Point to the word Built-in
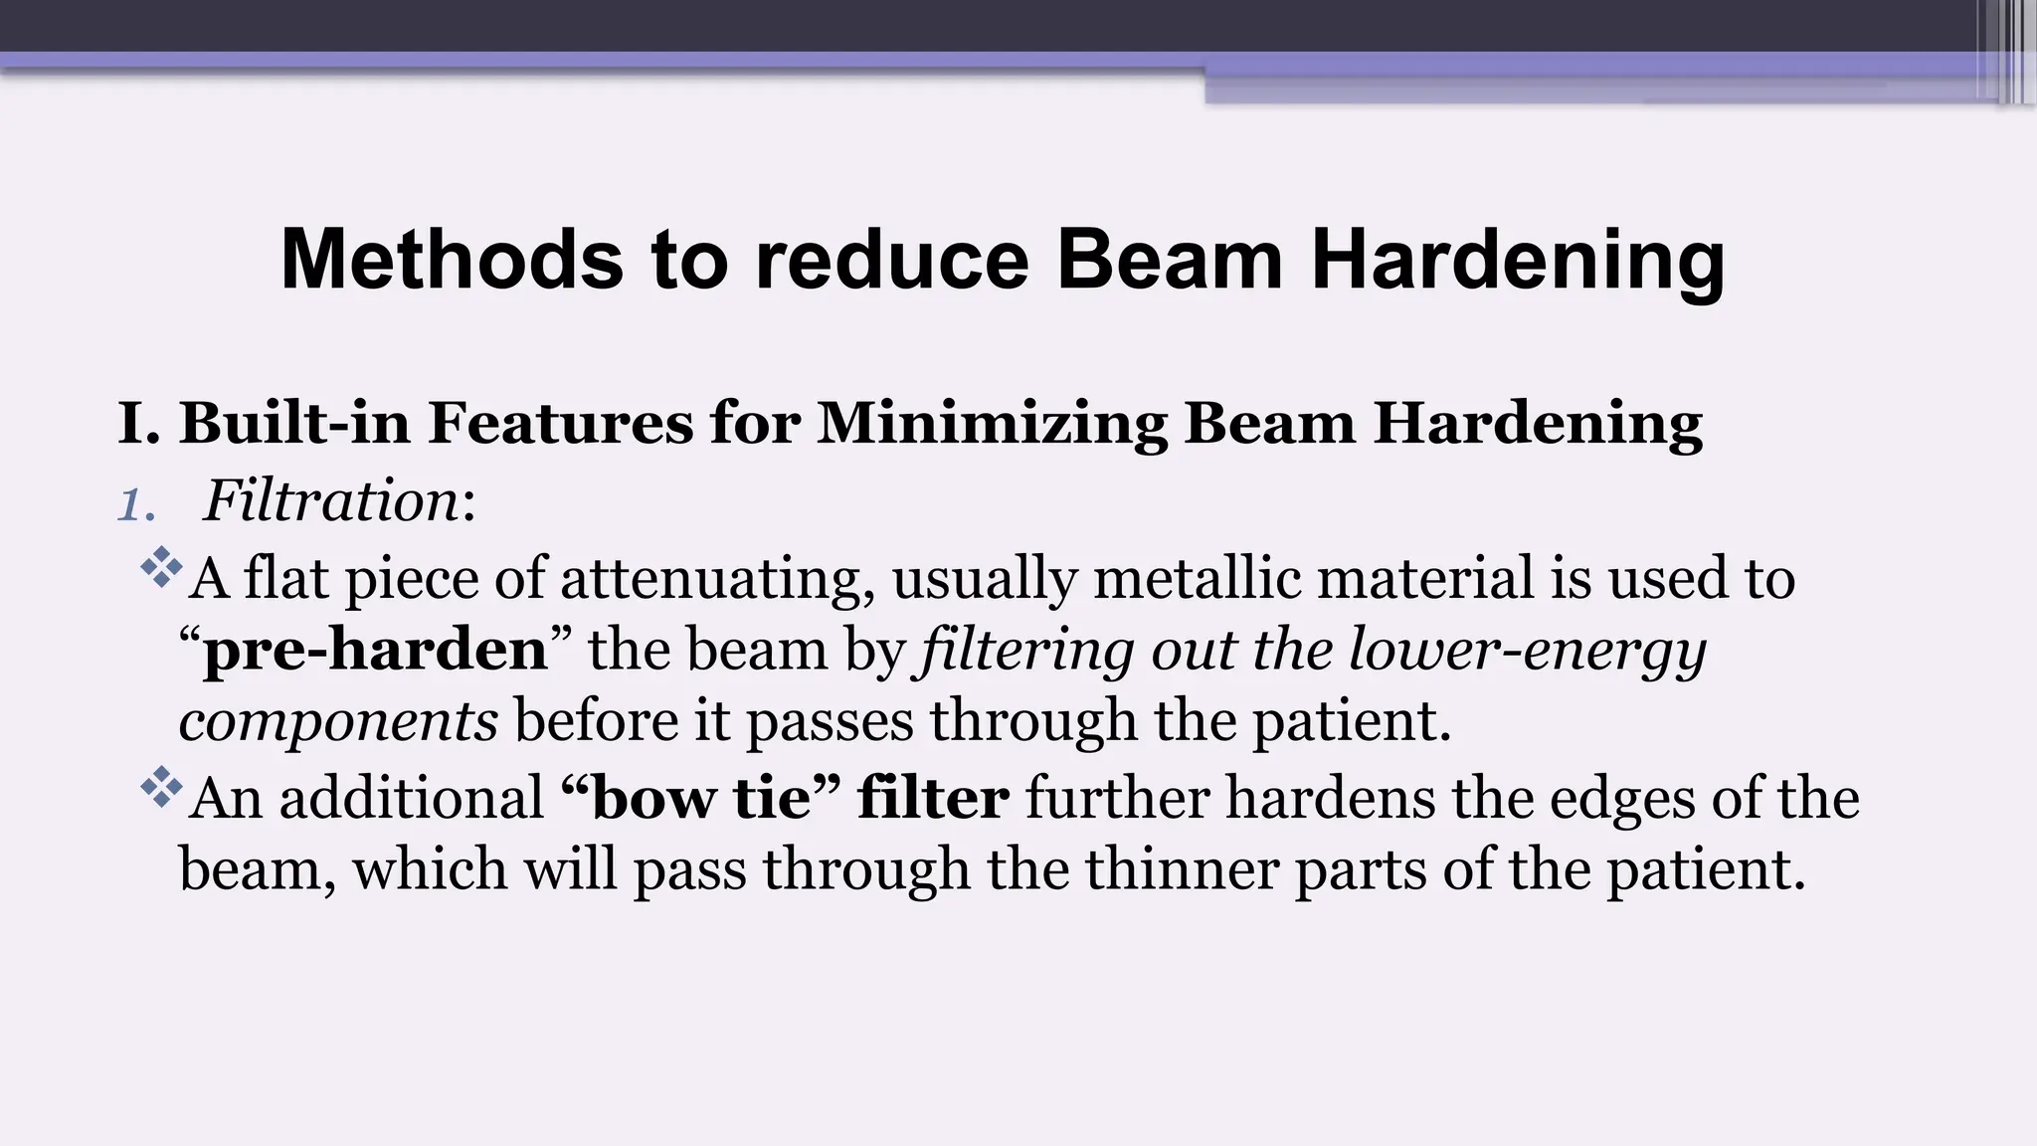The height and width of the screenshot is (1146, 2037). click(294, 423)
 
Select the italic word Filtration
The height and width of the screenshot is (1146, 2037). click(331, 500)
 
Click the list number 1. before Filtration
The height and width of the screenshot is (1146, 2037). click(136, 503)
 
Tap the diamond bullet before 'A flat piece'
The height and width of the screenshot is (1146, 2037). click(161, 570)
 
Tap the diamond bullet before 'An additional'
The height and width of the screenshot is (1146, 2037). click(161, 790)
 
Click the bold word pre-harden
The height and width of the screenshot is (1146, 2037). click(375, 651)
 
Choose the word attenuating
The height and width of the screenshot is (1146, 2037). click(710, 579)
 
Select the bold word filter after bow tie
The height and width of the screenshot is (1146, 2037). click(933, 798)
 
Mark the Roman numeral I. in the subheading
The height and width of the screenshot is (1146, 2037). click(138, 423)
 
